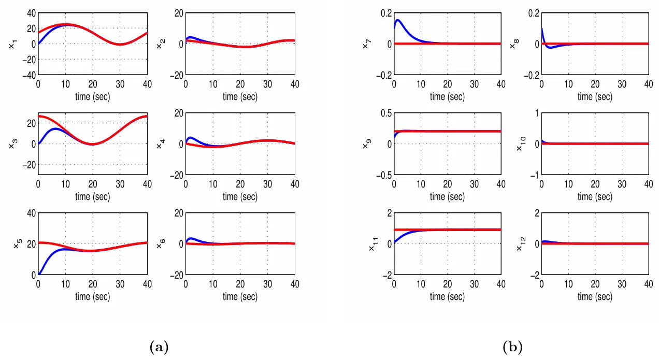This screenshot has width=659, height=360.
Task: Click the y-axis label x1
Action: [x=12, y=45]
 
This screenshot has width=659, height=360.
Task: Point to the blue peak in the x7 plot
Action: [x=398, y=20]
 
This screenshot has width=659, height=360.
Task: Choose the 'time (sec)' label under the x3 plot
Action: [x=92, y=197]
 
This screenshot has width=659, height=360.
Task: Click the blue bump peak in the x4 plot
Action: [x=190, y=138]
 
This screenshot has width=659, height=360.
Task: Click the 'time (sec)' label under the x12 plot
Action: [x=595, y=297]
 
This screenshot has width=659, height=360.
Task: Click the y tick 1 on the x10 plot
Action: [x=535, y=113]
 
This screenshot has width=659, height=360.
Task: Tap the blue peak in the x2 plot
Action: [x=191, y=37]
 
